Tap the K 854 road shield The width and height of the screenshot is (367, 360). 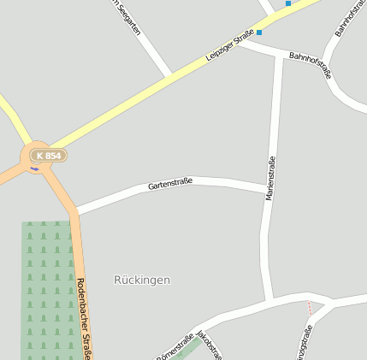tap(48, 155)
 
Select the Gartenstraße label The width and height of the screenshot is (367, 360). tap(170, 183)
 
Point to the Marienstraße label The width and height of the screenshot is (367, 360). tap(271, 178)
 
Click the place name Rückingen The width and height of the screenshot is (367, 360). tap(142, 280)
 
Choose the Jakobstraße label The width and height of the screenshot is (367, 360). tap(210, 343)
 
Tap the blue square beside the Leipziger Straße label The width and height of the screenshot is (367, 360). tap(259, 32)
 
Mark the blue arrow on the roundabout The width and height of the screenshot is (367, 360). tap(34, 168)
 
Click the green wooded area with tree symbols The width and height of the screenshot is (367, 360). tap(47, 291)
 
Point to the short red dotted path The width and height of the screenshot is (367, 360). tap(310, 307)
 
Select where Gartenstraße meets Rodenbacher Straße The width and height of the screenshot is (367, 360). tap(76, 210)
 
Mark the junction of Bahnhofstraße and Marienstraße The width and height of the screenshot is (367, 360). tap(280, 56)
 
